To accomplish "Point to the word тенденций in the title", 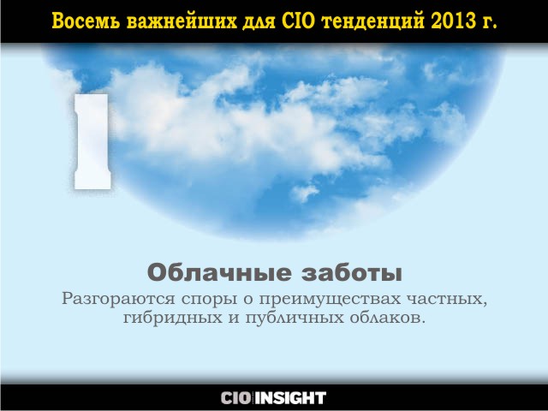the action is (372, 22).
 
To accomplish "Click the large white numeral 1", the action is (92, 141).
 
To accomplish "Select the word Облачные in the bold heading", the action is (219, 272).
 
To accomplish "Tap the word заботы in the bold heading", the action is (352, 272).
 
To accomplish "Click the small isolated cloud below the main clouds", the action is (305, 193).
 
